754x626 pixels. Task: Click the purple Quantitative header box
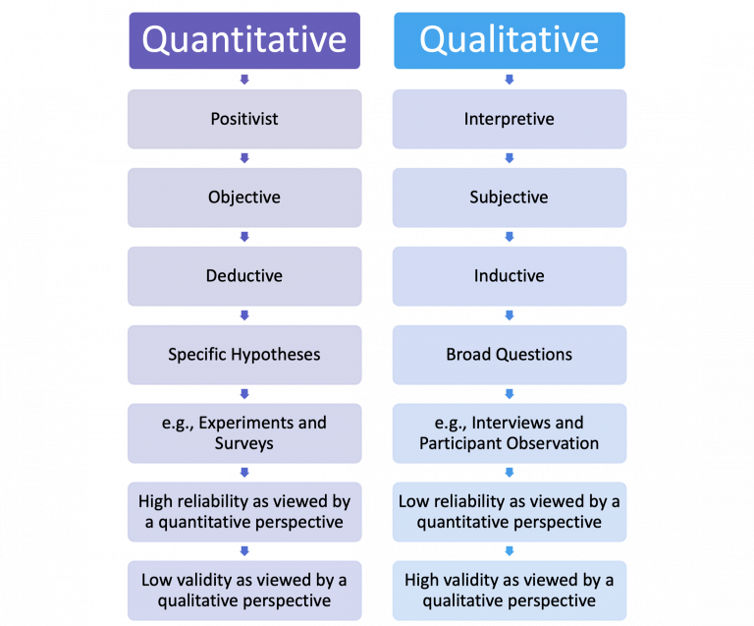244,40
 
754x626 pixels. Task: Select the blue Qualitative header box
510,40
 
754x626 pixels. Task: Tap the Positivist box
244,119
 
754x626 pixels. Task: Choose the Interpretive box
510,119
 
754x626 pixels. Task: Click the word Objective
244,198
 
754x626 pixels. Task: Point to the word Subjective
509,198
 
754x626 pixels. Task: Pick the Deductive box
244,276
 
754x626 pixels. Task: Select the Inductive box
510,276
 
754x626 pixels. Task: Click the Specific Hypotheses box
244,355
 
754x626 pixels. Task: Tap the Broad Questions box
510,355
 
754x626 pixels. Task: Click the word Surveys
244,443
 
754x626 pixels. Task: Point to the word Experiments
245,423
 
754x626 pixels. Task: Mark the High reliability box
244,512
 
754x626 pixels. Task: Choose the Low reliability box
510,512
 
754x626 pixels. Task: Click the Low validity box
244,591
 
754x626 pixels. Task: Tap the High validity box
510,591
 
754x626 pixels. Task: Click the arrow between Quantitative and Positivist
244,80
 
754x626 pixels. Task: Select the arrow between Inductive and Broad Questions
510,315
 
